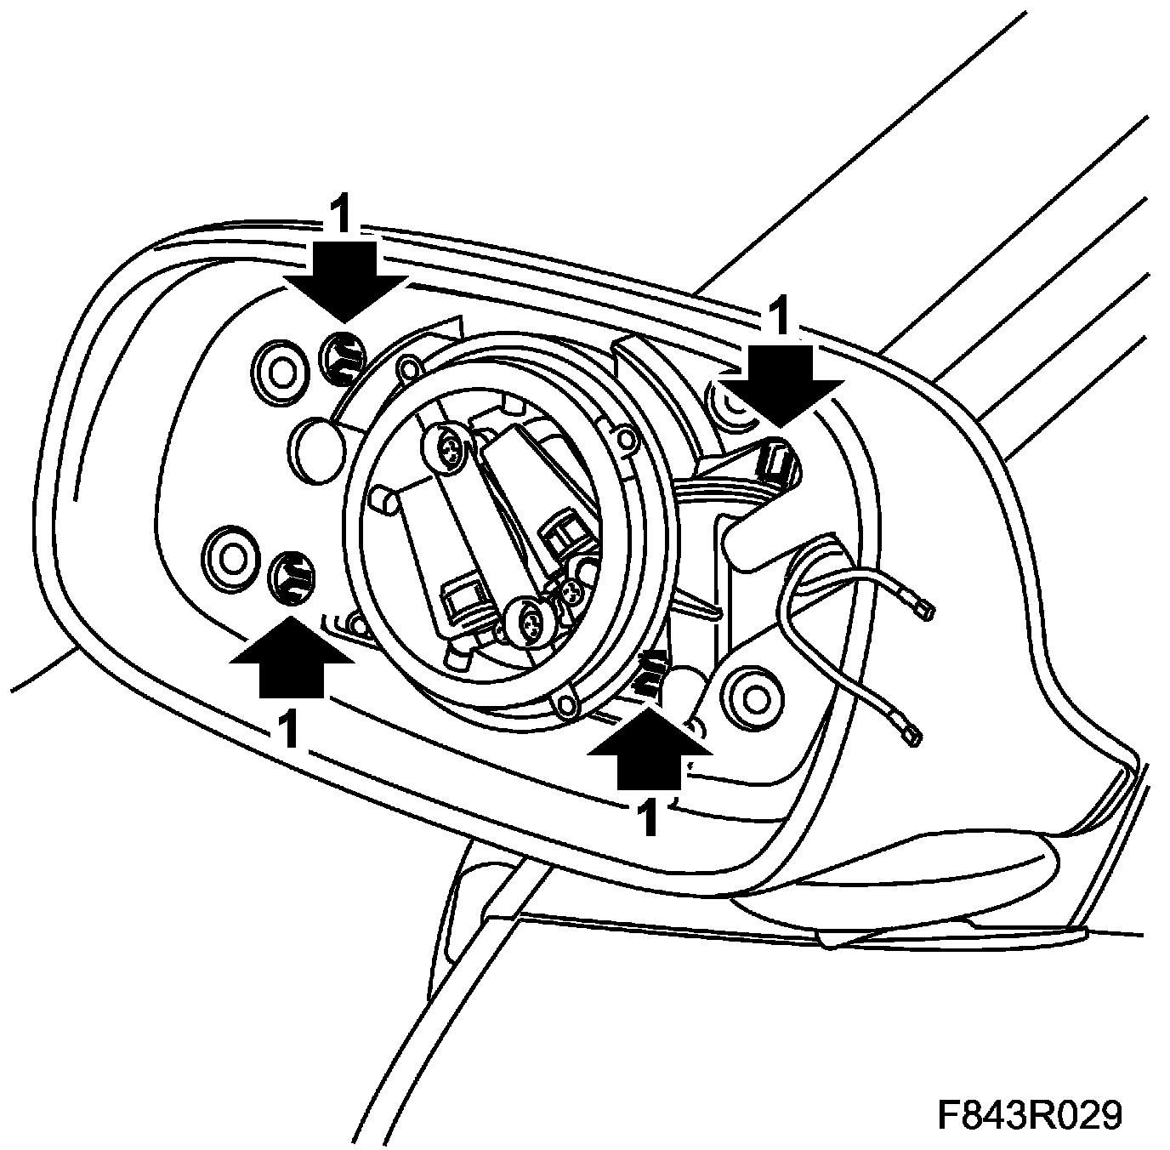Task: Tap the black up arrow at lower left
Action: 292,657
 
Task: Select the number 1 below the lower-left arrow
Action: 290,729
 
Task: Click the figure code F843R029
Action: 1029,1115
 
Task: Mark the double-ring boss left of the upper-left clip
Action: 281,371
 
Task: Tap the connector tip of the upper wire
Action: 924,609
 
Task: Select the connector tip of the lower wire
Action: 912,733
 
